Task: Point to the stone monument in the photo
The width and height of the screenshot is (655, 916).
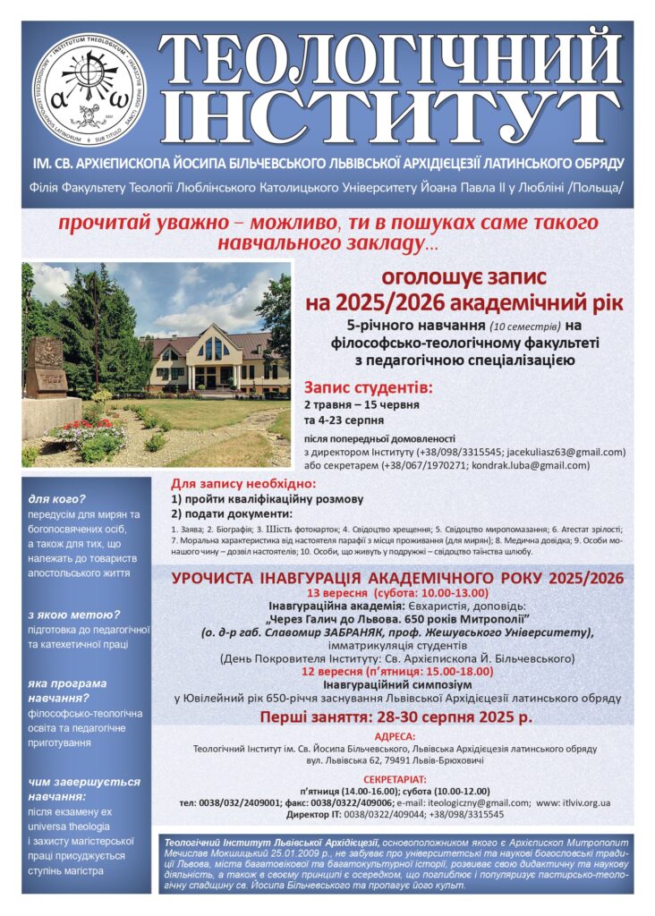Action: [44, 368]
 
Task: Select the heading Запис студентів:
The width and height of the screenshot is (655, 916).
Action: [368, 388]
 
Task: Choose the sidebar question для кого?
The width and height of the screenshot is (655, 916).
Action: [56, 498]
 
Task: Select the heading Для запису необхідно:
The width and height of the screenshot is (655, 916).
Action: [228, 483]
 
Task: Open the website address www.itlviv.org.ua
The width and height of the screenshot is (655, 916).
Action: [574, 803]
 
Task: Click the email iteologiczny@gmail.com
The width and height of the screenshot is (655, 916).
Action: [481, 803]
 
